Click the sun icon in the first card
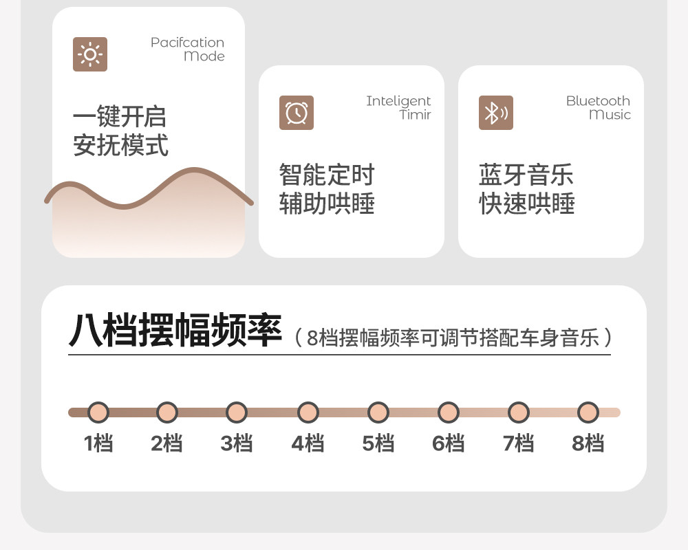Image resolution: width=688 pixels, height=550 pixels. click(x=90, y=54)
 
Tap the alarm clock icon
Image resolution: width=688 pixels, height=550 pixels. click(x=297, y=113)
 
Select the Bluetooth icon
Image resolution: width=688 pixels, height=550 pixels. click(x=495, y=113)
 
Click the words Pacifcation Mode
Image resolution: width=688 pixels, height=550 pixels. click(x=187, y=49)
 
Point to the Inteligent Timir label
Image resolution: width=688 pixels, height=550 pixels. click(x=398, y=108)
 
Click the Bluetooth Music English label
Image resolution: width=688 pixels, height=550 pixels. click(x=598, y=108)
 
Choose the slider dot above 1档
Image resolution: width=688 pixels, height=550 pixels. click(x=98, y=412)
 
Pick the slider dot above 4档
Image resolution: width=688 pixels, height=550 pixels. click(x=308, y=412)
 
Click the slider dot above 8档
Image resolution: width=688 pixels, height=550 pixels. click(x=588, y=412)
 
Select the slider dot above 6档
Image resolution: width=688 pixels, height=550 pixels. click(x=448, y=412)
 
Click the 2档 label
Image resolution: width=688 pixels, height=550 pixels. click(x=167, y=443)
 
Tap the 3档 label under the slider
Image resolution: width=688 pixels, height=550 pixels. click(x=237, y=443)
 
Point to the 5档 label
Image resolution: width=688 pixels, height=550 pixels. click(x=378, y=443)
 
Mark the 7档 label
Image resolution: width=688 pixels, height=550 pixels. click(x=518, y=443)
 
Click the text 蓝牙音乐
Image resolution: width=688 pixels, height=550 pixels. click(x=526, y=175)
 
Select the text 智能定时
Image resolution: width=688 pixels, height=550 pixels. click(x=327, y=175)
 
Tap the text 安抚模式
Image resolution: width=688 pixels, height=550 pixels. click(x=120, y=146)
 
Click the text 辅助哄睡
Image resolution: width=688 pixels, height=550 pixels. click(x=327, y=204)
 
